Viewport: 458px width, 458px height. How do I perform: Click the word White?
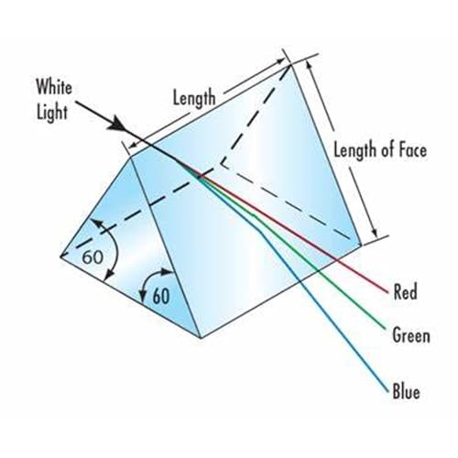[x=54, y=87]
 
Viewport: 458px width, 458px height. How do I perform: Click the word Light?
[x=52, y=113]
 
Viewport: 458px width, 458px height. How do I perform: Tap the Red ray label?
[x=406, y=291]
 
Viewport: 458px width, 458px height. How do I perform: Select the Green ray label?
[x=411, y=335]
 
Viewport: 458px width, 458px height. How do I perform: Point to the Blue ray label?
[x=407, y=391]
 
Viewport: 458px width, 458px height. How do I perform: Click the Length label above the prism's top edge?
[x=194, y=98]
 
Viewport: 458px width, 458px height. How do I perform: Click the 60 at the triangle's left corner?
[x=93, y=256]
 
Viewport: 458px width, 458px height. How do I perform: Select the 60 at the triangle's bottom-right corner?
[x=161, y=296]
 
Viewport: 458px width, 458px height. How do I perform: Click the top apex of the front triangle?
[x=131, y=157]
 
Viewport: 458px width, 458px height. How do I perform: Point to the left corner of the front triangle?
[x=60, y=256]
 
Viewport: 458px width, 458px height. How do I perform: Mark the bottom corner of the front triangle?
[x=201, y=338]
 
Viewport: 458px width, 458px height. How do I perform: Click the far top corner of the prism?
[x=290, y=65]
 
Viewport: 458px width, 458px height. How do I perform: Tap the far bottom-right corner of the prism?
[x=361, y=245]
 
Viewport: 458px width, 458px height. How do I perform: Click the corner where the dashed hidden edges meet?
[x=221, y=164]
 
